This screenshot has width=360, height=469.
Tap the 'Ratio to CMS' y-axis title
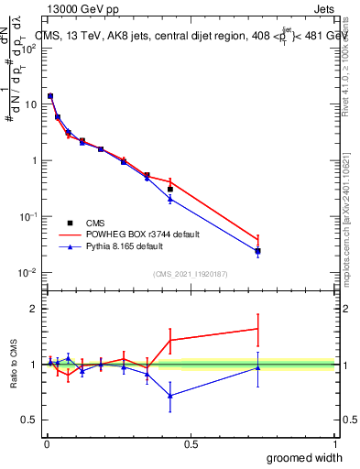point(14,365)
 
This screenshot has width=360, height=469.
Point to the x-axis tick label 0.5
point(191,443)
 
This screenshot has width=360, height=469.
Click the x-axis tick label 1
point(334,443)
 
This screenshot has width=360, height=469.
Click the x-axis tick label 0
point(47,443)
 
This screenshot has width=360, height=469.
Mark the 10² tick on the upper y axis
point(30,49)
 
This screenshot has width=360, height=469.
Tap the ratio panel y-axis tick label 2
point(34,309)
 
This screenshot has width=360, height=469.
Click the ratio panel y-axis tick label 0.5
point(30,420)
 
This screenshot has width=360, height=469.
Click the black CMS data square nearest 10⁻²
point(258,251)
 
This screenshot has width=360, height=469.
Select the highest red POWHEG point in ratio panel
point(258,329)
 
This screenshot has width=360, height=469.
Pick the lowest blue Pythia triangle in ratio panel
point(170,396)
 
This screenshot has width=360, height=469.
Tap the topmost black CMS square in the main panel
point(50,96)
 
